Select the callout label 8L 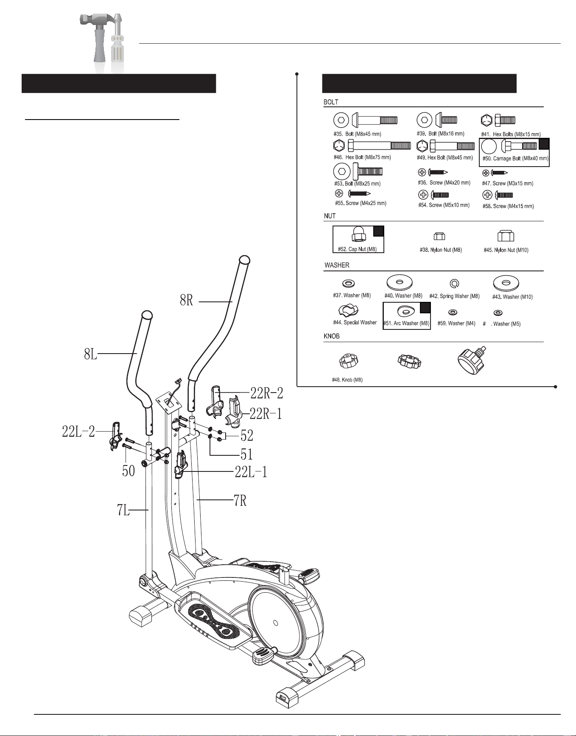tap(91, 354)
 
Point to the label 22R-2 tap(267, 393)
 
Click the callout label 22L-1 tap(251, 472)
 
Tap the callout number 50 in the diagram tap(129, 471)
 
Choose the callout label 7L tap(123, 510)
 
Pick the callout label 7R tap(240, 501)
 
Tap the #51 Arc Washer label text tap(406, 323)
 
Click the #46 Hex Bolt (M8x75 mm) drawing tap(372, 146)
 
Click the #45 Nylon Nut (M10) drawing tap(506, 236)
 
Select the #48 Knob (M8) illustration tap(349, 361)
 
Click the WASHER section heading tap(337, 265)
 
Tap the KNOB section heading tap(332, 336)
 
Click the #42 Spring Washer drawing tap(454, 284)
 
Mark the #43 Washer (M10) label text tap(512, 297)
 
